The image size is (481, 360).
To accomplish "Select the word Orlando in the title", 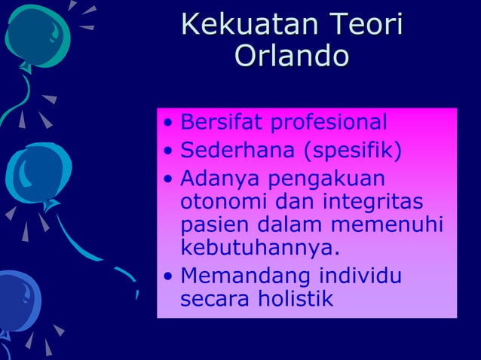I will [x=292, y=56].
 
